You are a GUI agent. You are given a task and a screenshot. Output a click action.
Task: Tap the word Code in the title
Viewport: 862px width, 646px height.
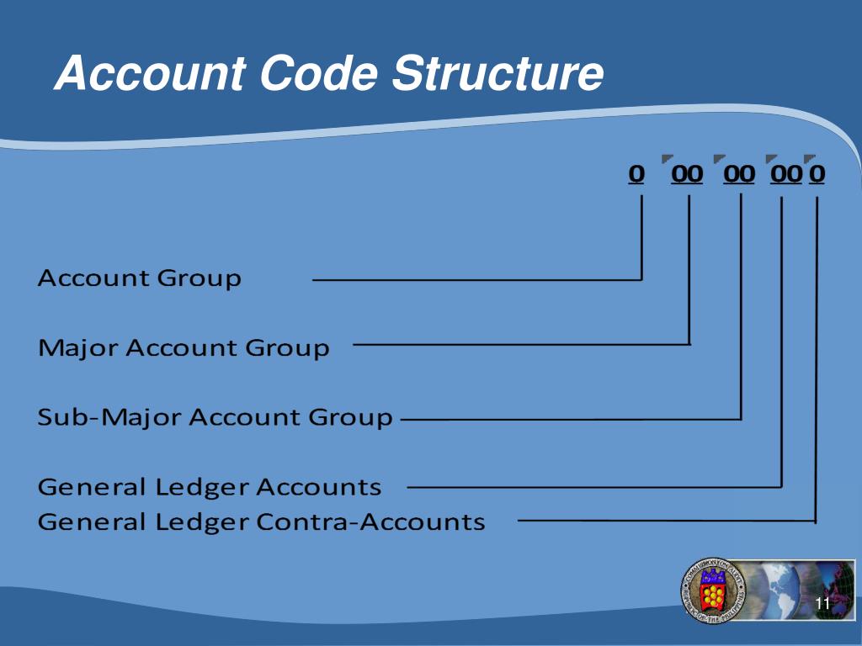(319, 73)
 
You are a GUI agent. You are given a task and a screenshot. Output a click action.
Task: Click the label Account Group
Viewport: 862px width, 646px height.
(140, 278)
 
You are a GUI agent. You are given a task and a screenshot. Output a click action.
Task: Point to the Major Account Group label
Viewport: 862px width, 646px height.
(184, 347)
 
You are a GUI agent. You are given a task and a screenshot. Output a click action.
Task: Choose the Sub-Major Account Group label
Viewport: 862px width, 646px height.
(215, 416)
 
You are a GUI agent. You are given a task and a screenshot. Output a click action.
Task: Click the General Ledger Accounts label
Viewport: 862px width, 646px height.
(210, 486)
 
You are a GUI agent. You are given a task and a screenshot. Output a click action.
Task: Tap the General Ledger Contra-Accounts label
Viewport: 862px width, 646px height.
(261, 522)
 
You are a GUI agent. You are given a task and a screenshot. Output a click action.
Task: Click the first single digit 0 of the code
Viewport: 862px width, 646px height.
(636, 173)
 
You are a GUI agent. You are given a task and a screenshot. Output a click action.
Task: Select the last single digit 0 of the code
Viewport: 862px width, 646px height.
(817, 173)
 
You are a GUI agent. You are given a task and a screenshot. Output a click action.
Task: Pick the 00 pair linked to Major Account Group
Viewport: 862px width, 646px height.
(687, 173)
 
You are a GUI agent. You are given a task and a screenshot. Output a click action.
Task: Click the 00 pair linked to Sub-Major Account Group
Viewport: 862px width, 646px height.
(740, 173)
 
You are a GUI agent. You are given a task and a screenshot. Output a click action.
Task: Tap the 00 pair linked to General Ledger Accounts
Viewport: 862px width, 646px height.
(786, 173)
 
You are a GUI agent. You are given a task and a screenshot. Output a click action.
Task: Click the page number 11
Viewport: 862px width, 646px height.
(823, 604)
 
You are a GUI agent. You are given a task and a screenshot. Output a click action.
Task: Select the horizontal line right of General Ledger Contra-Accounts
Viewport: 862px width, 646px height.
(665, 521)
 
